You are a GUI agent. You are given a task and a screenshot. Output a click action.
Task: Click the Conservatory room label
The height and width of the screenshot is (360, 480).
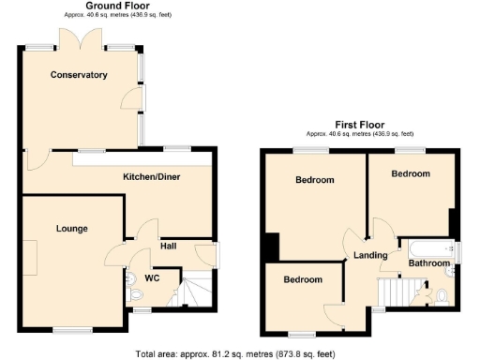(x=79, y=75)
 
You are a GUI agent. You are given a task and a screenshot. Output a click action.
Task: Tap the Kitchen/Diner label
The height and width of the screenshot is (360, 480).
(x=152, y=176)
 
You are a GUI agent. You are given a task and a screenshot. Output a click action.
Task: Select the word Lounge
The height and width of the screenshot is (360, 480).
(x=71, y=228)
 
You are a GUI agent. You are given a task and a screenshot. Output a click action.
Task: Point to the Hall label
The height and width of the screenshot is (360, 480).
(x=169, y=246)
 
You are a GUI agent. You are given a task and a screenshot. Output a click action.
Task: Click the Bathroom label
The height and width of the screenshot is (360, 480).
(x=428, y=263)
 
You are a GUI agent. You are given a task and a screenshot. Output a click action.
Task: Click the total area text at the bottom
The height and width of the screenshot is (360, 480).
(x=235, y=353)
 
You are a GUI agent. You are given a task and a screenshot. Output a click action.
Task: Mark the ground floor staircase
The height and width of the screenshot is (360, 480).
(x=195, y=291)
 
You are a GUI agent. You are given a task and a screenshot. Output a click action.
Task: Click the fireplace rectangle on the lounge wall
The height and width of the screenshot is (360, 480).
(x=31, y=258)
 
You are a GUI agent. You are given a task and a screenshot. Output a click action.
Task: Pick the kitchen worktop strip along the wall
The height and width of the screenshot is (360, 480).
(x=141, y=161)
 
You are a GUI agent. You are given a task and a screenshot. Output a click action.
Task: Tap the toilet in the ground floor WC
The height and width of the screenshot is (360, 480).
(x=132, y=278)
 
